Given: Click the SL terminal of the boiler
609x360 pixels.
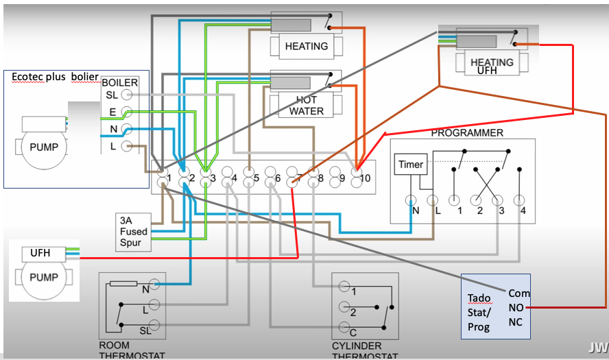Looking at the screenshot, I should coord(126,95).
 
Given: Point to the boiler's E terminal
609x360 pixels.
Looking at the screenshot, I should coord(126,112).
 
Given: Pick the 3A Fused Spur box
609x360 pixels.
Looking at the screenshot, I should coord(133,232).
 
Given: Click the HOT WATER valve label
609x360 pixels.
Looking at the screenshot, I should coord(307,105).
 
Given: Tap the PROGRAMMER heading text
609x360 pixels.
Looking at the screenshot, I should coord(467,132).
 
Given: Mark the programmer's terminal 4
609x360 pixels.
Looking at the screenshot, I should coord(523,200).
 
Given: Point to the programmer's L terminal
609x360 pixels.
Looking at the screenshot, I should coord(432,200).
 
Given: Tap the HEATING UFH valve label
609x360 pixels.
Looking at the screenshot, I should coord(492,66).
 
